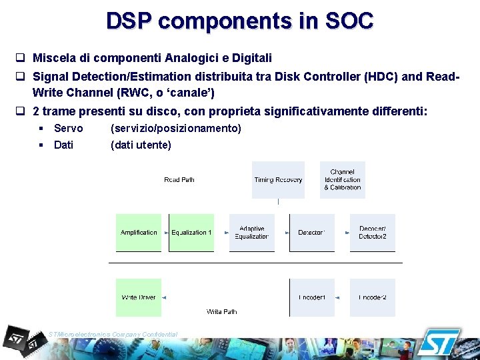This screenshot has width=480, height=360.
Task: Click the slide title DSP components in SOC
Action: tap(239, 21)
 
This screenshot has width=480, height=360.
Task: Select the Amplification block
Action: tap(139, 233)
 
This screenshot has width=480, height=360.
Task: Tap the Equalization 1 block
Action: tap(191, 233)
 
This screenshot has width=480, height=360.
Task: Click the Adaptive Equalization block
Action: tap(252, 233)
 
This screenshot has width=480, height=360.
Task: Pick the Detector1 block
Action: tap(311, 233)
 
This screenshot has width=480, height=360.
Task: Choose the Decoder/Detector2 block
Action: tap(373, 233)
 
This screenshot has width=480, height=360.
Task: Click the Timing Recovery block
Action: tap(278, 180)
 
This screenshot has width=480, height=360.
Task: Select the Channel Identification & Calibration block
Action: tap(343, 180)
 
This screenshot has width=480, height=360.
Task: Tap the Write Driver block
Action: tap(139, 297)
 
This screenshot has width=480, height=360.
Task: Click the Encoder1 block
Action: tap(311, 297)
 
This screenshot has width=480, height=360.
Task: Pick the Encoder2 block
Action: tap(373, 297)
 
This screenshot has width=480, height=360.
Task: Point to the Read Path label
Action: tap(179, 180)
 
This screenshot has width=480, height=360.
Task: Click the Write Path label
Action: tap(221, 311)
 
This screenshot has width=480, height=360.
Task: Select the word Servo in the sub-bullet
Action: tap(68, 128)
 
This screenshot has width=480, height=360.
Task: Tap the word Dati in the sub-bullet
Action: tap(63, 145)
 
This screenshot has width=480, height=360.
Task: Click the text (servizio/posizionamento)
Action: tap(176, 128)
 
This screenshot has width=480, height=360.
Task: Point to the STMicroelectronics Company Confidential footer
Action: tap(113, 334)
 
